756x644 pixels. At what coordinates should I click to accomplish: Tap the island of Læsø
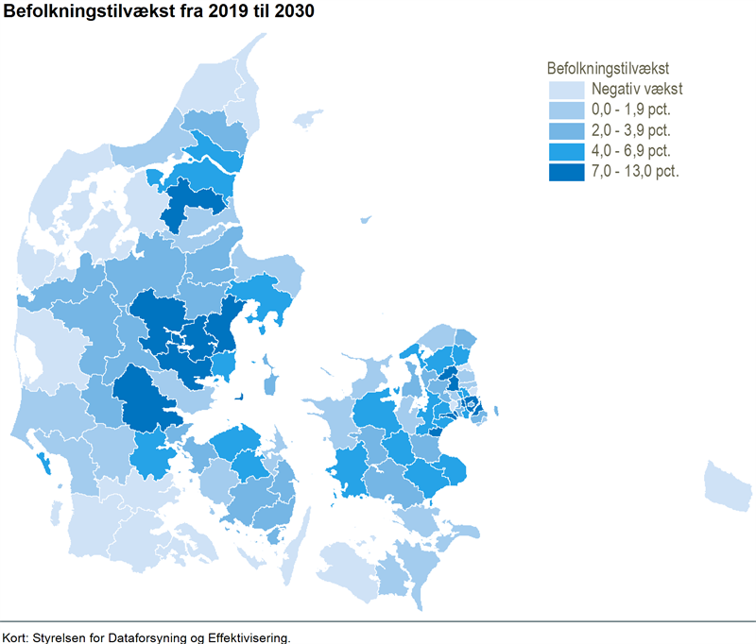(304, 119)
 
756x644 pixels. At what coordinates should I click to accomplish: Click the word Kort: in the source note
(16, 636)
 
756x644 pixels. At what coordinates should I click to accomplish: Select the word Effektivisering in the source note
(248, 636)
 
